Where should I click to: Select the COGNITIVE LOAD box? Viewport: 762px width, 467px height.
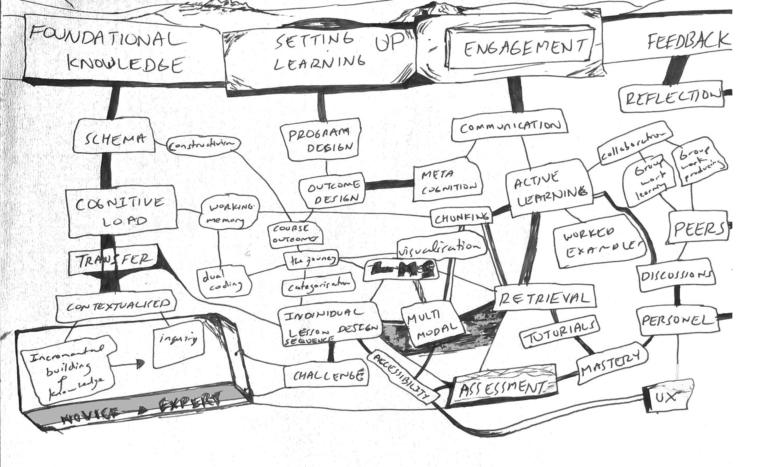click(x=122, y=211)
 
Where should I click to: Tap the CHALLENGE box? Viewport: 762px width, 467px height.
click(x=326, y=375)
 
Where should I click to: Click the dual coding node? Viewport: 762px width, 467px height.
click(x=224, y=282)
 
